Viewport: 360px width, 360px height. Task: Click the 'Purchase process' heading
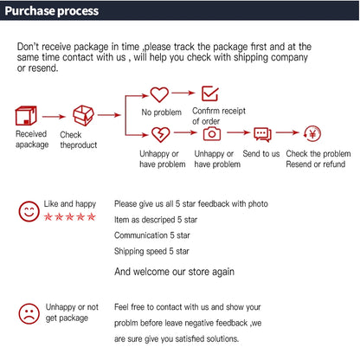tap(52, 11)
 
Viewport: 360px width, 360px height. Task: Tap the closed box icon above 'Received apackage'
tap(26, 116)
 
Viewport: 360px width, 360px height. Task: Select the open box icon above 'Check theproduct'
tap(83, 115)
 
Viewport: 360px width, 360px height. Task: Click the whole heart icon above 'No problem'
tap(159, 94)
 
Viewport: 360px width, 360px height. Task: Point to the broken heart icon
tap(161, 135)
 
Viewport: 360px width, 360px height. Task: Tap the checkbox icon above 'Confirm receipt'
tap(210, 93)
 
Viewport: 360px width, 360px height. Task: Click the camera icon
tap(212, 133)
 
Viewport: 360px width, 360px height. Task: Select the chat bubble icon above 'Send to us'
tap(262, 134)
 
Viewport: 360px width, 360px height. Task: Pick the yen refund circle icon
tap(312, 134)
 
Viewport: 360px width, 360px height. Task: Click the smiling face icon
tap(29, 211)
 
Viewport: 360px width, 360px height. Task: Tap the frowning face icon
tap(29, 313)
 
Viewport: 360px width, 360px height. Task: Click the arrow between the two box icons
tap(54, 117)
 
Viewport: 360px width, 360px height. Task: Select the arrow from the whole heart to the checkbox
tap(183, 93)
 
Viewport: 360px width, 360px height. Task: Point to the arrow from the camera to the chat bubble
tap(239, 132)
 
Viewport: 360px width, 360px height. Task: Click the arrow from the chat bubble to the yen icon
tap(287, 132)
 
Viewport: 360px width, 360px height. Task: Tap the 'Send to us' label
tap(261, 154)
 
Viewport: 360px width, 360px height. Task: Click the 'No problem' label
tap(162, 112)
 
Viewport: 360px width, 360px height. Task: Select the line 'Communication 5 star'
tap(152, 235)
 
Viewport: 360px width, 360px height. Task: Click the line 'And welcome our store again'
tap(174, 272)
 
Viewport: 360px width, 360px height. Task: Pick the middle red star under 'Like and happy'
tap(69, 216)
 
